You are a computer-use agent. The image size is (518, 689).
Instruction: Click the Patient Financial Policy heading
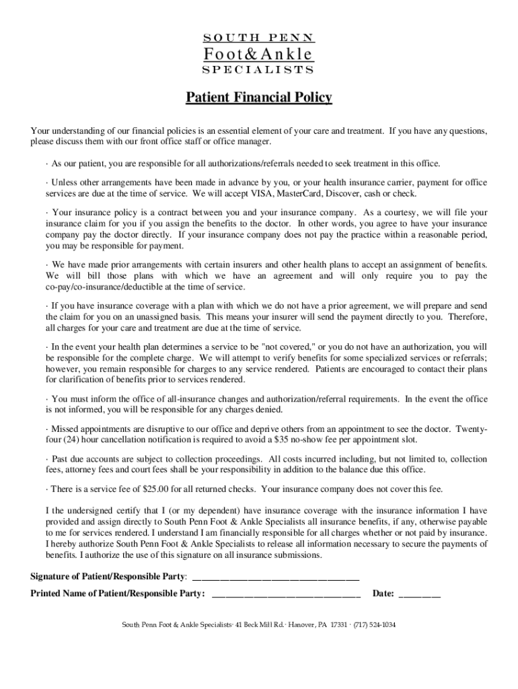tap(259, 98)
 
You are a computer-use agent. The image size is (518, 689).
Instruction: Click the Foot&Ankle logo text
tap(258, 54)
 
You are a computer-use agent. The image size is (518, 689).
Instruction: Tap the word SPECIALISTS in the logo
tap(258, 70)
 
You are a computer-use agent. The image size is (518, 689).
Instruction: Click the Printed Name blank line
tap(286, 594)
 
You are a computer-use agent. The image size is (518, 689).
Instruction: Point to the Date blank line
tap(420, 594)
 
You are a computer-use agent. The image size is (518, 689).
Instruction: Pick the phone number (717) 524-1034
tap(375, 624)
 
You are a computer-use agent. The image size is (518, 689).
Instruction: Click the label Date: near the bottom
tap(383, 594)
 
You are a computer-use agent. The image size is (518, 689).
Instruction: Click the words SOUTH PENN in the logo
tap(258, 38)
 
